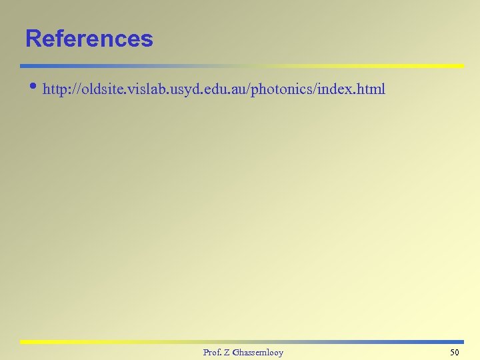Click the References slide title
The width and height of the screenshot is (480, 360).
click(89, 39)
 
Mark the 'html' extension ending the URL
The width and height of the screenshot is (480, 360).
click(369, 89)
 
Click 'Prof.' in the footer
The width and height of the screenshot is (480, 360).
click(213, 352)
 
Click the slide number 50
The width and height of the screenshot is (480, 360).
click(455, 352)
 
